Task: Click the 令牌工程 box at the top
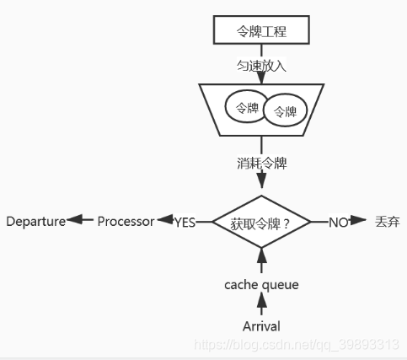(x=261, y=32)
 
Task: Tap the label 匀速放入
(x=261, y=64)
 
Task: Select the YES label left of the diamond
(x=185, y=222)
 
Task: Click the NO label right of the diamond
(x=338, y=222)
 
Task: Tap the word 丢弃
(x=388, y=222)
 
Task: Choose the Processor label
(x=126, y=222)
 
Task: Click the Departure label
(x=35, y=222)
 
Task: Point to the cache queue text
(x=261, y=285)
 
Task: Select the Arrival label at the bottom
(x=261, y=326)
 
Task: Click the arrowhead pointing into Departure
(x=74, y=221)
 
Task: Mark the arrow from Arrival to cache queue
(x=261, y=305)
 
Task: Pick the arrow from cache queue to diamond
(x=261, y=261)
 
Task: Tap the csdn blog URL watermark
(x=295, y=345)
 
